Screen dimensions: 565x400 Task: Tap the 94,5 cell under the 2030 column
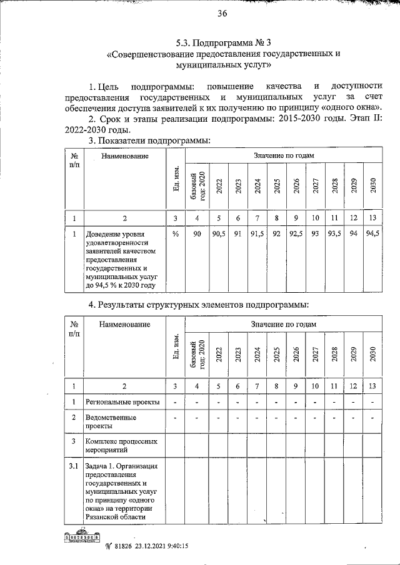[x=372, y=233]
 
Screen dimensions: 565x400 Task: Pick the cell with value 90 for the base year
[x=197, y=233]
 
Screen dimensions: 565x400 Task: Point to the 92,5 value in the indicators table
[x=296, y=233]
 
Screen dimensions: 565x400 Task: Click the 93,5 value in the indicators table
[x=334, y=233]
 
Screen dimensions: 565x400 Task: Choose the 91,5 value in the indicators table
[x=257, y=233]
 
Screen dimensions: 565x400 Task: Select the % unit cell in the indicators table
[x=176, y=233]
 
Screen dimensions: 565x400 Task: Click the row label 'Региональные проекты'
[x=122, y=401]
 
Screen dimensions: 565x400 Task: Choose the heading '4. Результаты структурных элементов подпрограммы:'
[x=198, y=305]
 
